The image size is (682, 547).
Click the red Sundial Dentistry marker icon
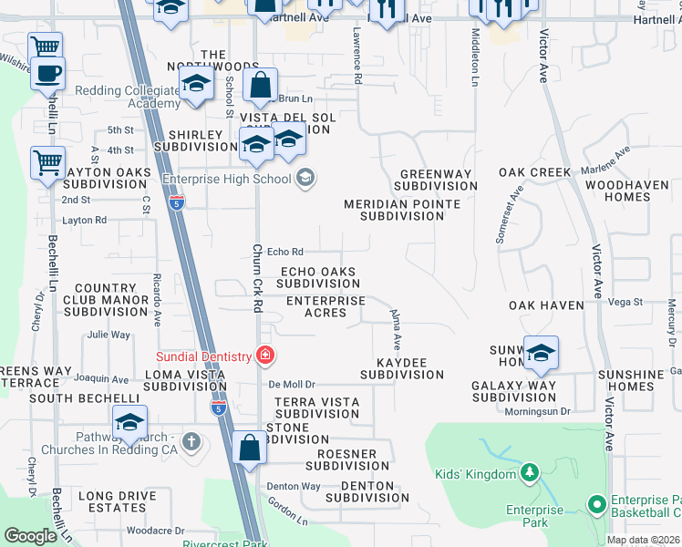(264, 355)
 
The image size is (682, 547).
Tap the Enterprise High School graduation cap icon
(305, 178)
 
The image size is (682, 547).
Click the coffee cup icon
(46, 73)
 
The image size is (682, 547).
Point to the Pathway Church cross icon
(191, 442)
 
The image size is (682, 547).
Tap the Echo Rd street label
(284, 252)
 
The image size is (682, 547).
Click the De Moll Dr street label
(291, 385)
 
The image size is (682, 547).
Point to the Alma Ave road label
(396, 329)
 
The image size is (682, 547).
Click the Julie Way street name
(108, 335)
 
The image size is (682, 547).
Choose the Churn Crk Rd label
(257, 278)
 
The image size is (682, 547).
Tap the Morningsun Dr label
(538, 411)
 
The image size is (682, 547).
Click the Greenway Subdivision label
(436, 180)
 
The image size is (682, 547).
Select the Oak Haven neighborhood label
(545, 304)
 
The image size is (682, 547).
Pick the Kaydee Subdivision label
(401, 368)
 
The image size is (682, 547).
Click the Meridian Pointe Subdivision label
(402, 211)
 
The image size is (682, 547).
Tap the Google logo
(30, 536)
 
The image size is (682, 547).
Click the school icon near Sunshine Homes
(541, 354)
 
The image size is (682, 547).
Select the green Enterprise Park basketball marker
(597, 503)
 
